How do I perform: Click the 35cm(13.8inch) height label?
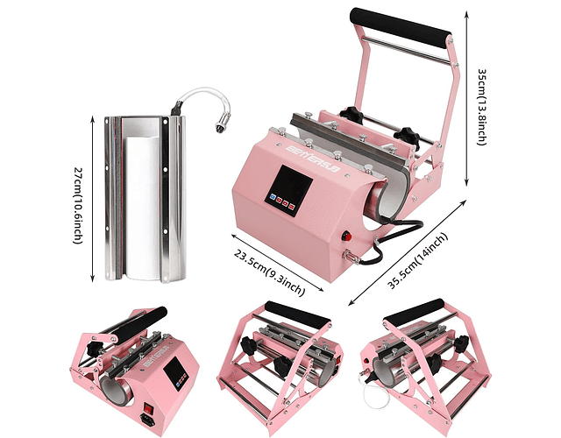tap(483, 106)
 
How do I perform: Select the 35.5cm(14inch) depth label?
tap(418, 260)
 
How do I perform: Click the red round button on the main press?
tap(346, 237)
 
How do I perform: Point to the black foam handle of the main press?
tap(401, 27)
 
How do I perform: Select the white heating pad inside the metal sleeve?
tap(142, 208)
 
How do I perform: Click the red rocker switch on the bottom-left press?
tap(148, 407)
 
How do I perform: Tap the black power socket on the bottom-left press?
tap(148, 419)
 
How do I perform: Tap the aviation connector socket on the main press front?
tap(348, 256)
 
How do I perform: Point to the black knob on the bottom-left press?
tap(94, 350)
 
